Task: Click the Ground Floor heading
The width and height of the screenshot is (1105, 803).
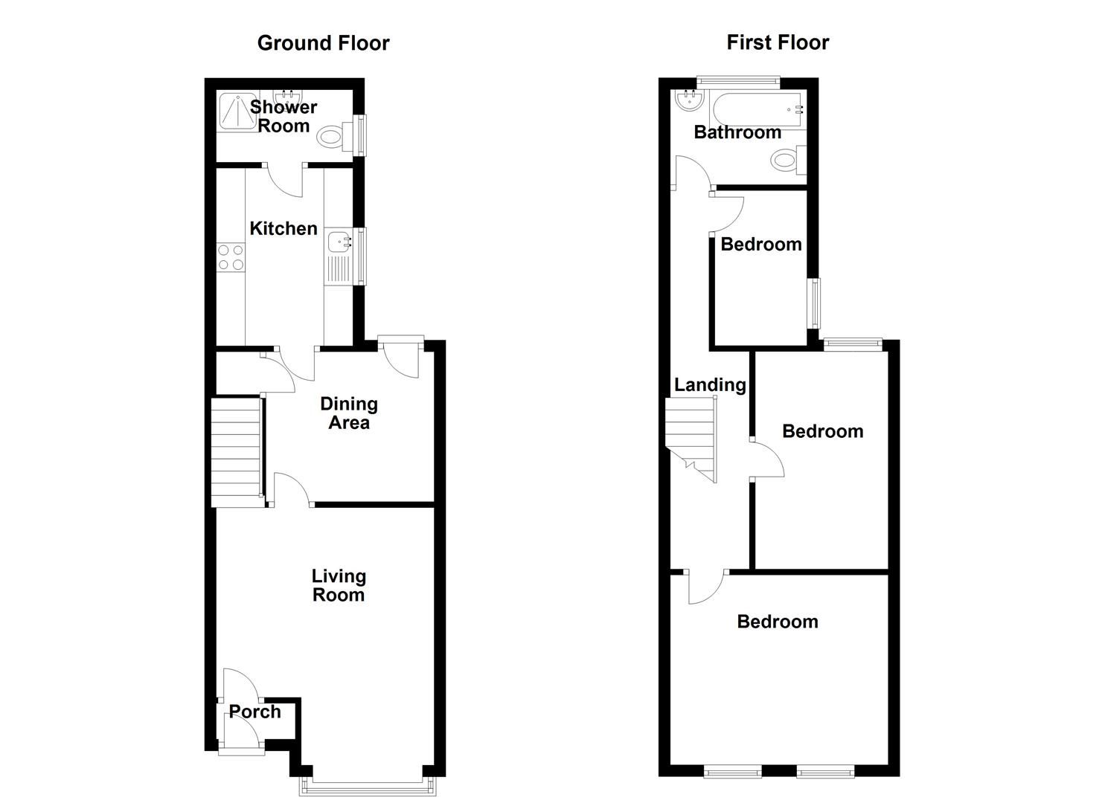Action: pyautogui.click(x=323, y=43)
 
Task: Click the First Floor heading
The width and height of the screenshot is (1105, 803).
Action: pyautogui.click(x=778, y=42)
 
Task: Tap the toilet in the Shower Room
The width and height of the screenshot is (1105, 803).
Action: pyautogui.click(x=330, y=136)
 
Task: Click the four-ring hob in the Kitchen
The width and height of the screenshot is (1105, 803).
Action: pyautogui.click(x=230, y=257)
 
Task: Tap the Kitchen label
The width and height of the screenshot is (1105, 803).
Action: pyautogui.click(x=284, y=228)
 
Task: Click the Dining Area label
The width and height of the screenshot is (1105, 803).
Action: pyautogui.click(x=349, y=413)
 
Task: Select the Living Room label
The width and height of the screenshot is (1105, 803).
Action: pyautogui.click(x=339, y=585)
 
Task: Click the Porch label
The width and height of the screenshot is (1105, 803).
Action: pyautogui.click(x=254, y=712)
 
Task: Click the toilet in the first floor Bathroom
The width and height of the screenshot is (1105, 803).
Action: pyautogui.click(x=786, y=160)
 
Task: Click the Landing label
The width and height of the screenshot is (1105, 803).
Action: pyautogui.click(x=710, y=384)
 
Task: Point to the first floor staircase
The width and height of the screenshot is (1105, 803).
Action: pyautogui.click(x=691, y=435)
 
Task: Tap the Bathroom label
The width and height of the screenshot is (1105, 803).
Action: pyautogui.click(x=737, y=132)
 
